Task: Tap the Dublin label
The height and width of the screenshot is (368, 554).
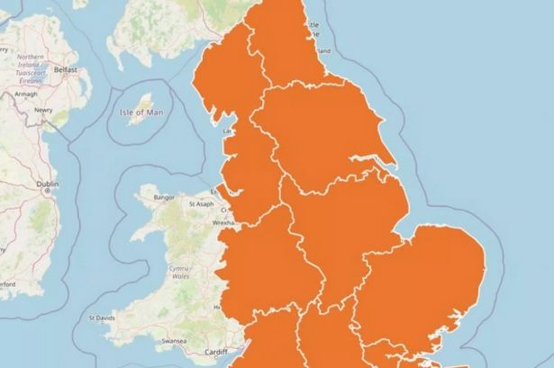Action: (47, 184)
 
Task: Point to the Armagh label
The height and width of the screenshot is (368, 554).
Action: (26, 94)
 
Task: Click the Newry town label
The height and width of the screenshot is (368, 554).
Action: (43, 110)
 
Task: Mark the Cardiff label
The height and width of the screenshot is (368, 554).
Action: (218, 352)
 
